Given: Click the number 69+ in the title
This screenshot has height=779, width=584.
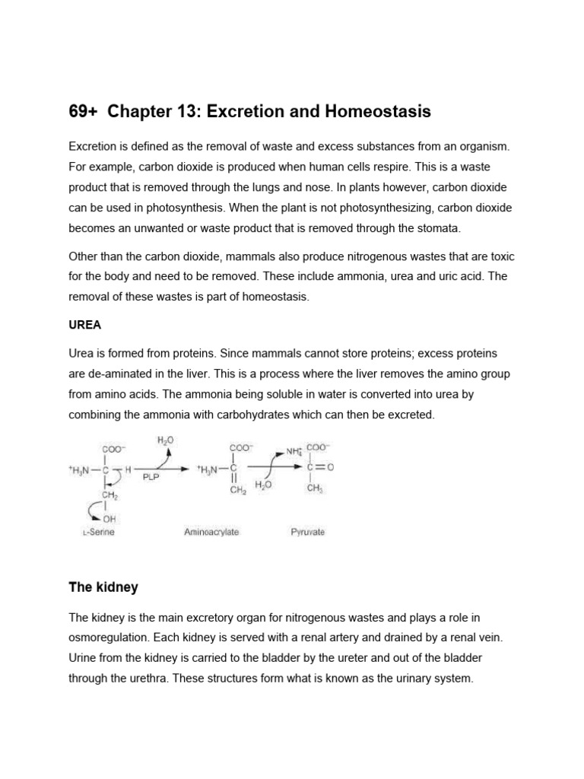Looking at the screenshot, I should (x=84, y=112).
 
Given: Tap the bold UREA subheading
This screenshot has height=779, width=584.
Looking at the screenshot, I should (x=84, y=325).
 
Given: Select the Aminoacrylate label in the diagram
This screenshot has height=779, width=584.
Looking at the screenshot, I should (x=211, y=532).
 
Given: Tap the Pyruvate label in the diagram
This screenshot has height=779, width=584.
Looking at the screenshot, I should (x=307, y=532).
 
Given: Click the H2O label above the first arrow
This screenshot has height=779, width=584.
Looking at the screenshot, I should (x=166, y=440).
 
